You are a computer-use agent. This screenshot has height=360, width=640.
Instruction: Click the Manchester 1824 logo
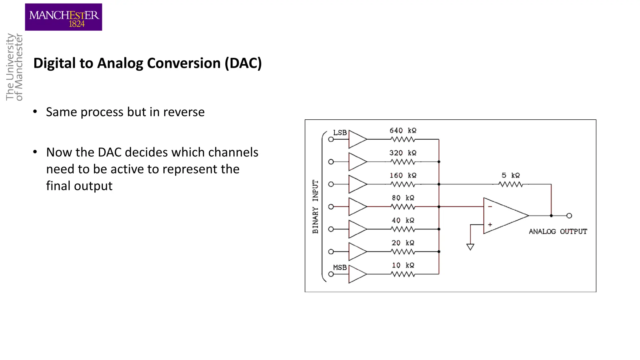tap(63, 17)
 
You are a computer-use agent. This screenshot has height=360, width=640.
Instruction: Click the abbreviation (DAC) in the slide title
tap(243, 63)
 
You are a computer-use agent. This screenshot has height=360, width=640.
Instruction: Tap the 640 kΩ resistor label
tap(403, 131)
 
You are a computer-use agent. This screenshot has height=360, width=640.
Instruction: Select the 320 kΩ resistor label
tap(403, 153)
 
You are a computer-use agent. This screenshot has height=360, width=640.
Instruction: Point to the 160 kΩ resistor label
tap(403, 176)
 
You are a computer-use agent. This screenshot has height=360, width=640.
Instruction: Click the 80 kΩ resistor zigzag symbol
tap(403, 207)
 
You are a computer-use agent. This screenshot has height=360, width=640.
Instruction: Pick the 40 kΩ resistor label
tap(403, 221)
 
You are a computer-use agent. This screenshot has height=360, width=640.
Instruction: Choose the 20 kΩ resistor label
tap(403, 243)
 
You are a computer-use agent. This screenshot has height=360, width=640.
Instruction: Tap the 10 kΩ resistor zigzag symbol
tap(403, 274)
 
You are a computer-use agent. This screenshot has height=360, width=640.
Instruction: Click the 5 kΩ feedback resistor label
tap(511, 176)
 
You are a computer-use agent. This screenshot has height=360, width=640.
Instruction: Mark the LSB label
tap(340, 133)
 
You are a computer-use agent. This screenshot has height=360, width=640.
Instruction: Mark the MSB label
tap(340, 268)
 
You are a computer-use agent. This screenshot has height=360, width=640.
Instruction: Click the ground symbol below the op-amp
tap(470, 247)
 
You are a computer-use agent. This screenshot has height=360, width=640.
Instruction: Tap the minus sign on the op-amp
tap(490, 207)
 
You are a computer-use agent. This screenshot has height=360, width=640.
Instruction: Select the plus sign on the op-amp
tap(490, 225)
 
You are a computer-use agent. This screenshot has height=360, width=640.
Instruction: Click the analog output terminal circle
tap(569, 216)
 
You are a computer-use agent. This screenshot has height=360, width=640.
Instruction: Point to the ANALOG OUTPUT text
tap(558, 232)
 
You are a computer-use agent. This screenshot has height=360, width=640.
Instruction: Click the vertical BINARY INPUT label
tap(315, 207)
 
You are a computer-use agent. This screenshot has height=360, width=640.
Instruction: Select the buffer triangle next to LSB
tap(357, 139)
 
